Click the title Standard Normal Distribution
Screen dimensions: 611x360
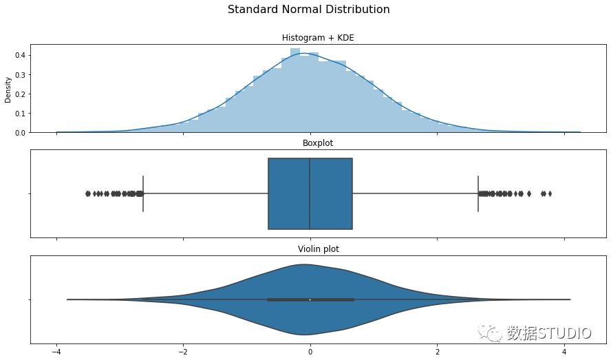(x=308, y=10)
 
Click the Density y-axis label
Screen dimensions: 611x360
(x=8, y=89)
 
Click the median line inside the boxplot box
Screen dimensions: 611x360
(x=310, y=193)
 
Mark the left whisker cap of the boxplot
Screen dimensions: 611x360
(x=143, y=193)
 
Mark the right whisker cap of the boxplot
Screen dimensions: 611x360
(x=478, y=193)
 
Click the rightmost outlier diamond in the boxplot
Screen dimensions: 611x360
(x=550, y=193)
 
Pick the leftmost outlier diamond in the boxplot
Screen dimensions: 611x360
(x=87, y=193)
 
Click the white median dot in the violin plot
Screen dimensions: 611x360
(x=310, y=299)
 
